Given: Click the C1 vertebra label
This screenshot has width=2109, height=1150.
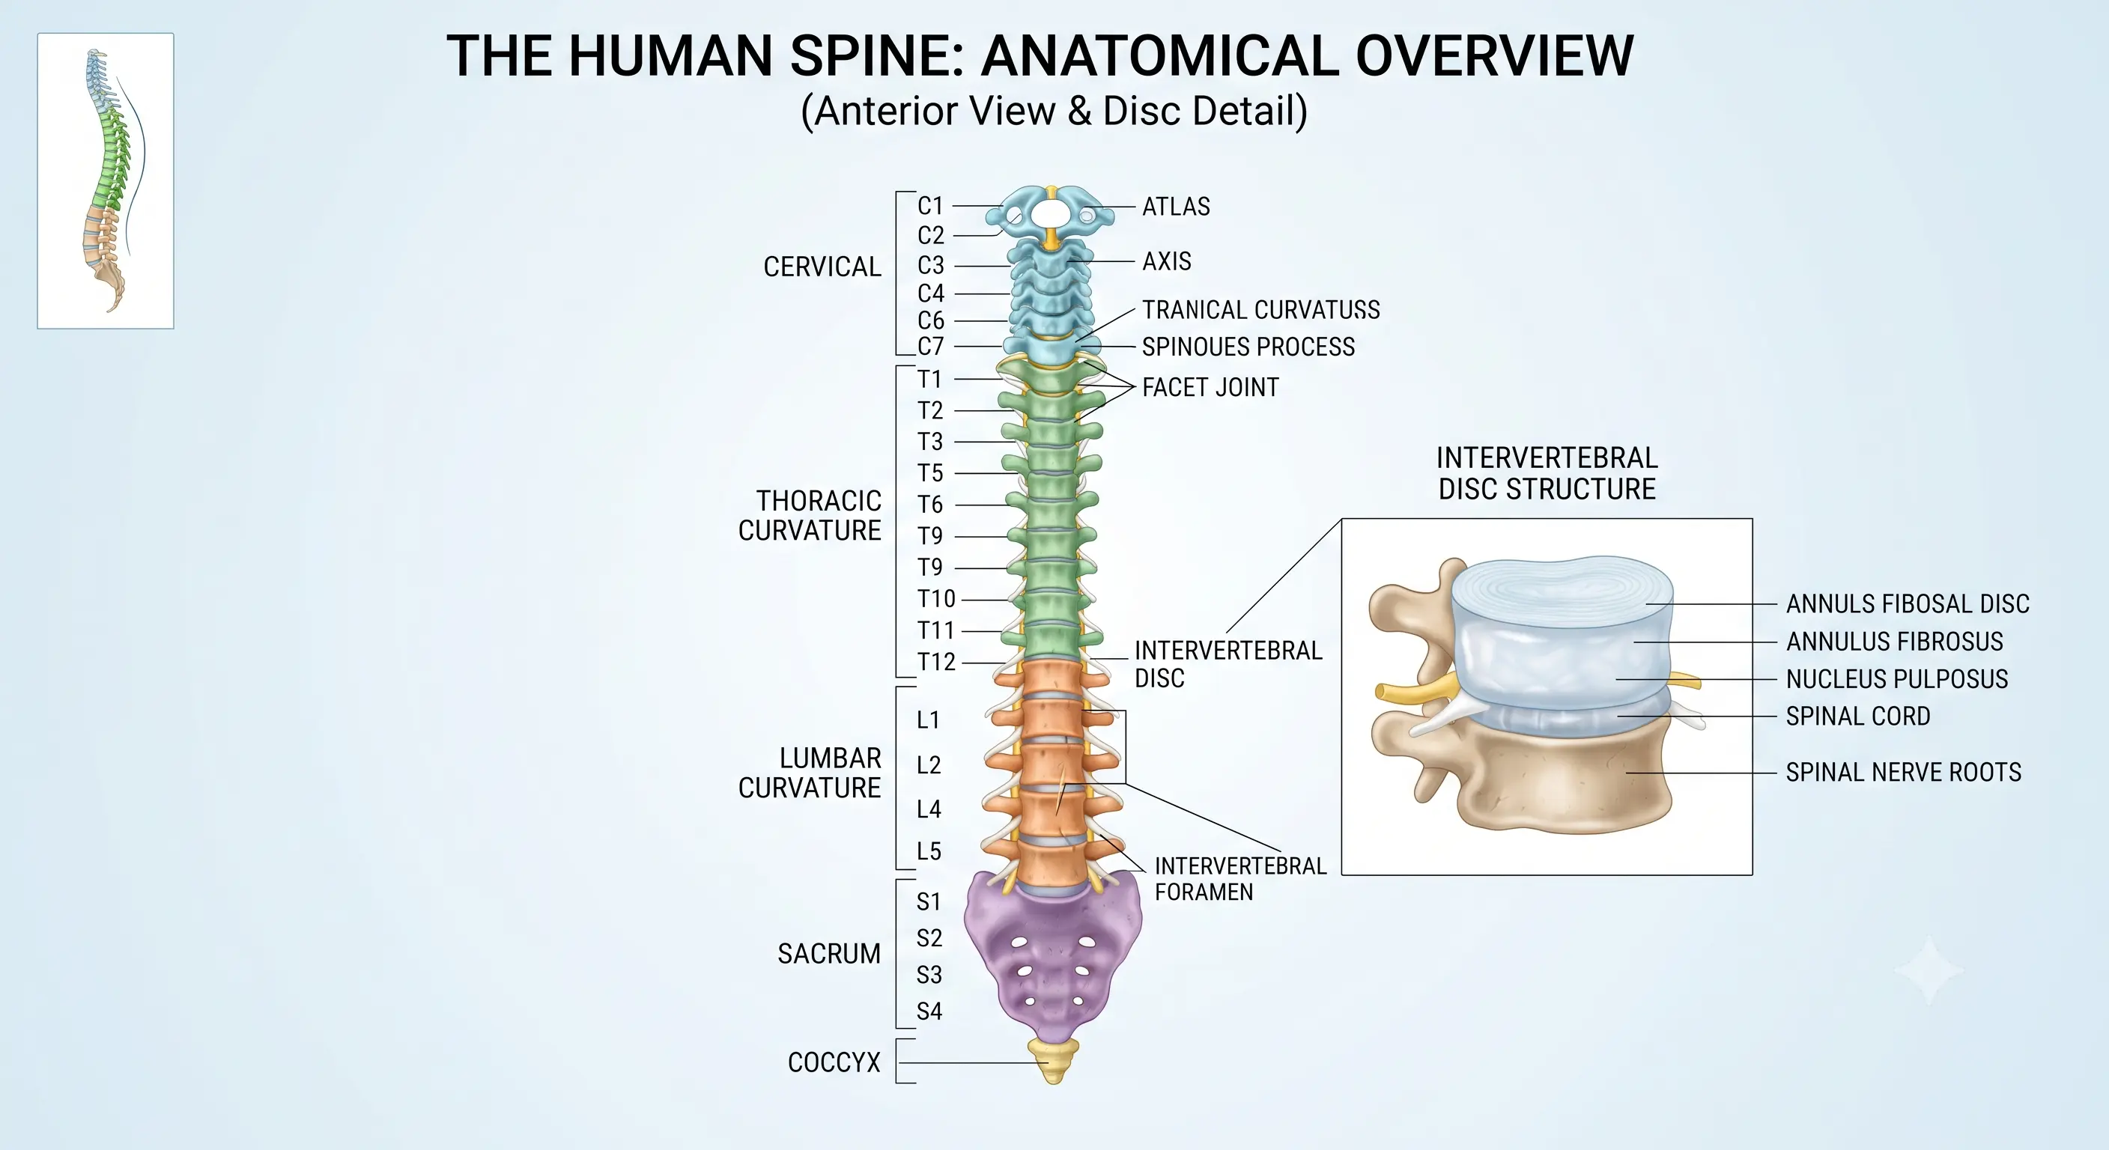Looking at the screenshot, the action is pos(931,205).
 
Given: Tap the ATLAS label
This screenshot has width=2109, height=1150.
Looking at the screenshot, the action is pos(1176,206).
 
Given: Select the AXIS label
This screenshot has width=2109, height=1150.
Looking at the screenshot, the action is pos(1167,261).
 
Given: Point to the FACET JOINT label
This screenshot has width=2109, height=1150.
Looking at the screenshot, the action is pos(1210,387).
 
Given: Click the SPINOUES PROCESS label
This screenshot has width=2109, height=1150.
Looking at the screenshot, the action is pos(1248,347).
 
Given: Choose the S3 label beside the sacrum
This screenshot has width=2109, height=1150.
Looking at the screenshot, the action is pos(929,975).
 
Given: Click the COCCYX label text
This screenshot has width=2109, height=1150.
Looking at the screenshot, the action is pos(834,1062).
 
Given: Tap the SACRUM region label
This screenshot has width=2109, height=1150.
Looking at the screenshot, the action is pos(829,954).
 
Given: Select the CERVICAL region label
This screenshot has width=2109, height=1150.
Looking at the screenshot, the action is pos(822,267).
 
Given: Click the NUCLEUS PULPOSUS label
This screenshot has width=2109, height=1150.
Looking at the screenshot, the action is pos(1897,679).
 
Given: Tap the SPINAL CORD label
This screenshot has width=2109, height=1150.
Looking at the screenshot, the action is pos(1857,717).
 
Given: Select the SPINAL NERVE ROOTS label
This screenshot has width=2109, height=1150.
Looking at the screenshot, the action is pos(1904,773).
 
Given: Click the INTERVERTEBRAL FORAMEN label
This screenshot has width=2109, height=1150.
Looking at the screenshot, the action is pos(1240,878).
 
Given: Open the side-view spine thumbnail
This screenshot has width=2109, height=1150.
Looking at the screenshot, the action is pos(106,181).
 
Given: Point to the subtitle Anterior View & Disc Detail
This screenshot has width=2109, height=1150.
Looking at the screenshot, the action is pos(1054,112).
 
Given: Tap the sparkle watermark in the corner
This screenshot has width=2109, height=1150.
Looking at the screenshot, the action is pos(1929,971).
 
